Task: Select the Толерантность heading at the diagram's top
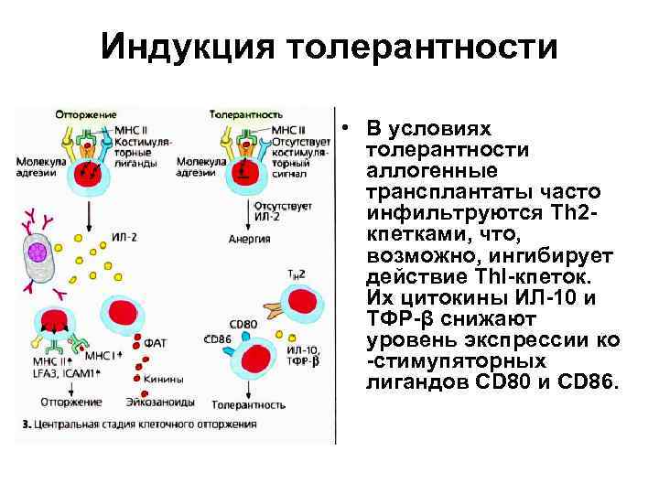click(x=244, y=115)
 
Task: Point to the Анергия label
click(x=250, y=240)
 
